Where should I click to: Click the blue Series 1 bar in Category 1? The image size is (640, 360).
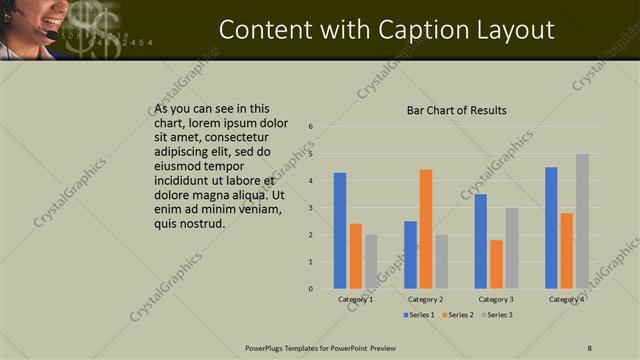click(340, 231)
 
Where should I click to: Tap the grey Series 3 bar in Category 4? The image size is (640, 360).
click(582, 221)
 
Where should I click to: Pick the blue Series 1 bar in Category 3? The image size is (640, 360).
click(481, 241)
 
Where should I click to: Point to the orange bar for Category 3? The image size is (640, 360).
click(496, 264)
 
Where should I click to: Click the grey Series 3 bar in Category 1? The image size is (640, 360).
click(371, 261)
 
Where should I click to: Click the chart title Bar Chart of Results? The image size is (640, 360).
click(456, 110)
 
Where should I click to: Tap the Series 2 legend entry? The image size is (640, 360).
click(458, 315)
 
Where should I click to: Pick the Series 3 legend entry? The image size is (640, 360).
click(496, 315)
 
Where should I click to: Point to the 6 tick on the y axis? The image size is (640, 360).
click(311, 127)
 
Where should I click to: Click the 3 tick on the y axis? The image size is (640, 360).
click(311, 208)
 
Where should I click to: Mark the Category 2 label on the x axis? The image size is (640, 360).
click(426, 299)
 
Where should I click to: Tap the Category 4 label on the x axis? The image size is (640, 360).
click(567, 299)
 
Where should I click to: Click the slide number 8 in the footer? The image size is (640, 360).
click(590, 347)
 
